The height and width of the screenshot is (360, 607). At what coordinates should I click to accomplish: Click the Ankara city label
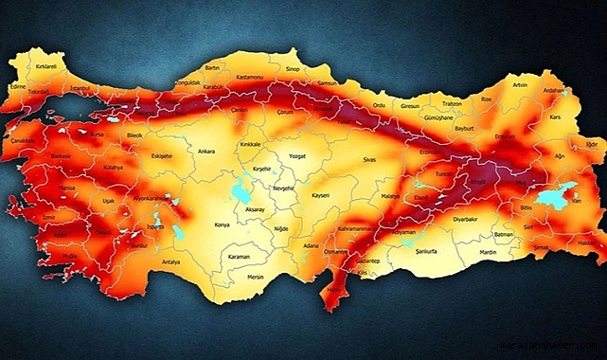[x=206, y=151]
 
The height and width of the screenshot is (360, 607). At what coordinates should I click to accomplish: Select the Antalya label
[x=170, y=261]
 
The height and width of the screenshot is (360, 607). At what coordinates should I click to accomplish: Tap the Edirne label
[x=16, y=85]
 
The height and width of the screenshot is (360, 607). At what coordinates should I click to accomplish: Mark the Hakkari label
[x=587, y=243]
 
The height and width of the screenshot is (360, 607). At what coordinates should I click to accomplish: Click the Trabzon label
[x=452, y=103]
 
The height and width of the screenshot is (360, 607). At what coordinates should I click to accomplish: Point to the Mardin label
[x=487, y=253]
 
